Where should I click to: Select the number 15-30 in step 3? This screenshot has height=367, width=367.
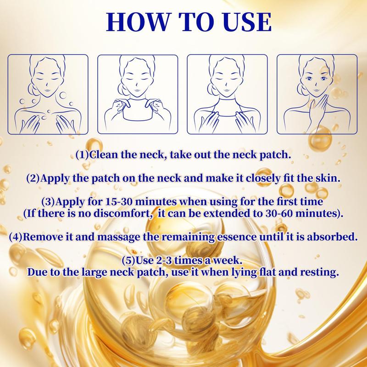point(119,202)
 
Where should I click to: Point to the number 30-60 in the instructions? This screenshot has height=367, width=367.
point(279,213)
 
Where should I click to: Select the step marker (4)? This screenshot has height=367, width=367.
point(16,237)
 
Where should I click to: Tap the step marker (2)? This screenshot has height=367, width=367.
point(33,178)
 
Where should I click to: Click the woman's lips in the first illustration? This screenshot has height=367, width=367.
point(47,90)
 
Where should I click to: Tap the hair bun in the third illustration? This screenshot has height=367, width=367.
point(211,89)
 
